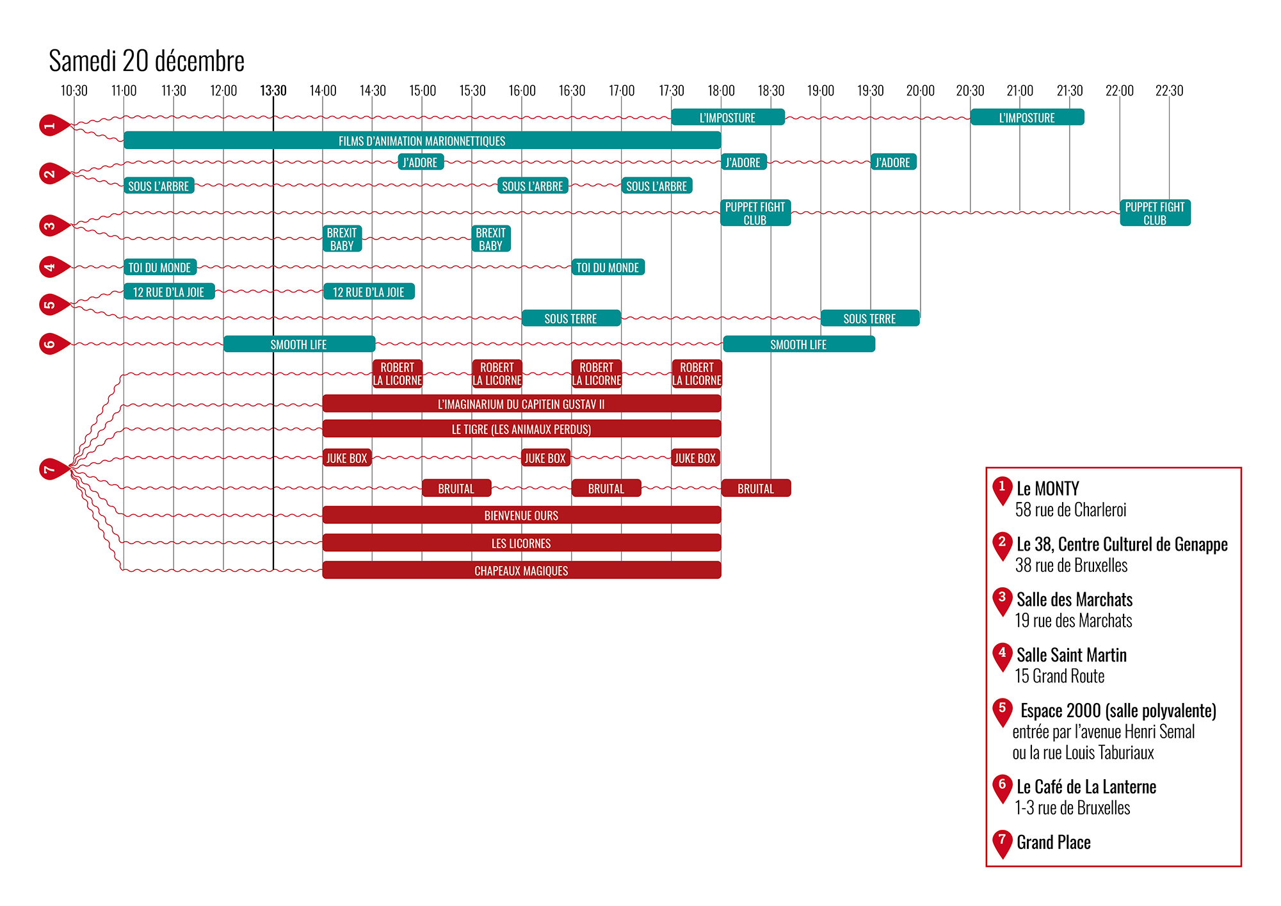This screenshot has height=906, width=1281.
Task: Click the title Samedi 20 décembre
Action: pos(147,61)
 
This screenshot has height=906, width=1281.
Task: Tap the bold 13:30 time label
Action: pos(273,91)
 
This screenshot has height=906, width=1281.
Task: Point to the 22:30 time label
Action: pos(1169,91)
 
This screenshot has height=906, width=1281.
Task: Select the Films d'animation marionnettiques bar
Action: pos(422,141)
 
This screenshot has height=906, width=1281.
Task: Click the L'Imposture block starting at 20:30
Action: pos(1027,118)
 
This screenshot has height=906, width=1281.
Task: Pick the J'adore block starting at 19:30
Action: pos(893,163)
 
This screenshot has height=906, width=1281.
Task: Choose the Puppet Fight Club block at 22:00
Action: pos(1155,213)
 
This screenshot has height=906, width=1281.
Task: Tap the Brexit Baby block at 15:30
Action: pos(491,239)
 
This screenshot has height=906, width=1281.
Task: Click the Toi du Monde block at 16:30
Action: pos(608,268)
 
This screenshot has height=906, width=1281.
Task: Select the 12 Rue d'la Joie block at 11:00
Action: pos(169,292)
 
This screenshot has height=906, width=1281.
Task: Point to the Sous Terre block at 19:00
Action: pos(869,318)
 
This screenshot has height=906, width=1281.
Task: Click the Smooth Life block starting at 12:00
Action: pos(299,344)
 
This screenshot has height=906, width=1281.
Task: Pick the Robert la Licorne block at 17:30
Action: pos(697,374)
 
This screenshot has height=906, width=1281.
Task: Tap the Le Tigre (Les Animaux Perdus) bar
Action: pos(521,429)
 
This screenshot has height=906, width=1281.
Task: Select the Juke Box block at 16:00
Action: pos(545,458)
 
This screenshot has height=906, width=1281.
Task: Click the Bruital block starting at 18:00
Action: pos(755,489)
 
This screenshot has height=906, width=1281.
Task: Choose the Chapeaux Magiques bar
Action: pos(521,570)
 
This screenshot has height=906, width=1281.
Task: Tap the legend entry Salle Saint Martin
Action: pos(1071,655)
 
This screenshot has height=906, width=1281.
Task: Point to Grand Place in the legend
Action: pos(1053,843)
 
